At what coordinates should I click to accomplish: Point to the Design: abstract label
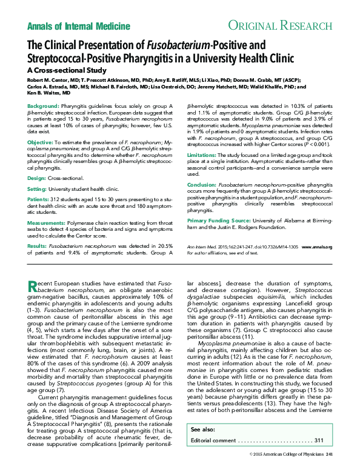point(36,178)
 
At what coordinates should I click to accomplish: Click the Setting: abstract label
point(37,189)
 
